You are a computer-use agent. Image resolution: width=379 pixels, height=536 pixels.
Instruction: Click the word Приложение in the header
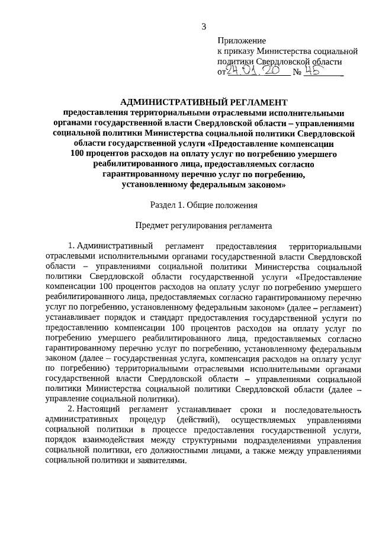tap(242, 40)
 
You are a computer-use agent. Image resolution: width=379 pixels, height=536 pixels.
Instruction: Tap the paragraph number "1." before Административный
tap(71, 246)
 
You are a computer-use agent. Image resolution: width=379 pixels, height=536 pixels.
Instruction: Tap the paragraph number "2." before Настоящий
tap(71, 410)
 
